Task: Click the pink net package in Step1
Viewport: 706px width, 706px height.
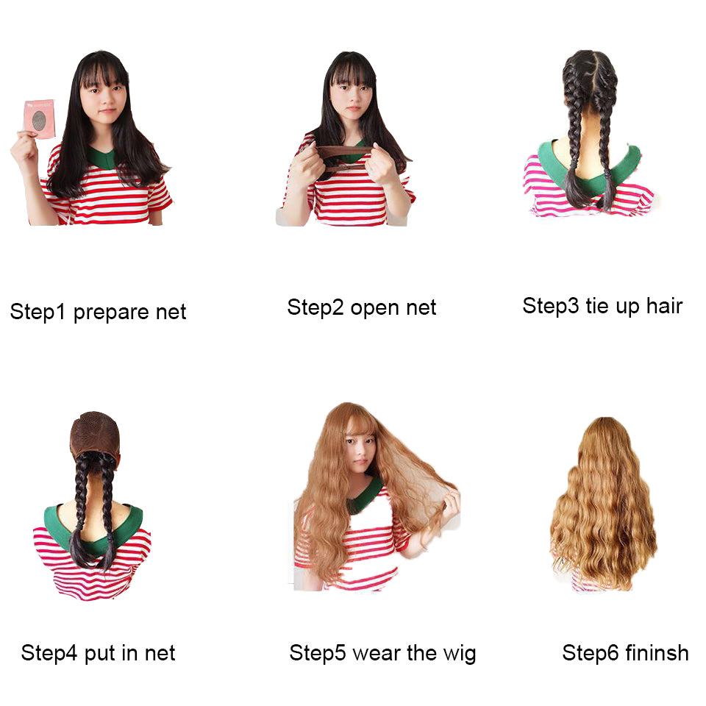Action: point(40,118)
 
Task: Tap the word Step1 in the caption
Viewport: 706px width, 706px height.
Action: point(38,312)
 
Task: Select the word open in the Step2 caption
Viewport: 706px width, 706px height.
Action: point(370,307)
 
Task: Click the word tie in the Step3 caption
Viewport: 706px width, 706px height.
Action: point(598,305)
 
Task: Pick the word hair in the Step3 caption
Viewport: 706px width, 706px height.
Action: point(664,305)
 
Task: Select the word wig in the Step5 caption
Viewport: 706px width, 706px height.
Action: point(458,653)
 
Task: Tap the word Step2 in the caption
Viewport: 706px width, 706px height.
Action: point(315,307)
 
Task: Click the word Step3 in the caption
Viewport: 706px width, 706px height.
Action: point(551,305)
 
